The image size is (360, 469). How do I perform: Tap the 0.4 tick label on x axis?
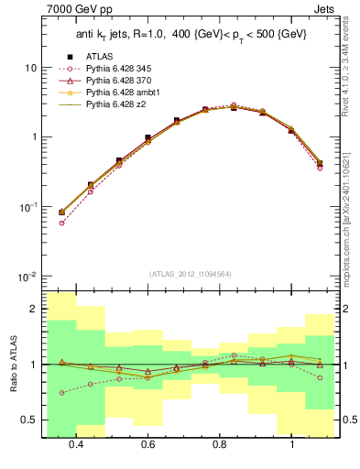(x=76, y=445)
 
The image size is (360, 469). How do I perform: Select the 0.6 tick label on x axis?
(x=147, y=445)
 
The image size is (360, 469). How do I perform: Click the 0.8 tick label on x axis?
(x=220, y=445)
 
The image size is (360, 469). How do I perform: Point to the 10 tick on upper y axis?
(x=30, y=69)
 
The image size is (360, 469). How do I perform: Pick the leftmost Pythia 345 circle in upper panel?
(x=61, y=223)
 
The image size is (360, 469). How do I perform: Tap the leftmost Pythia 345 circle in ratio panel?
(x=61, y=392)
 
